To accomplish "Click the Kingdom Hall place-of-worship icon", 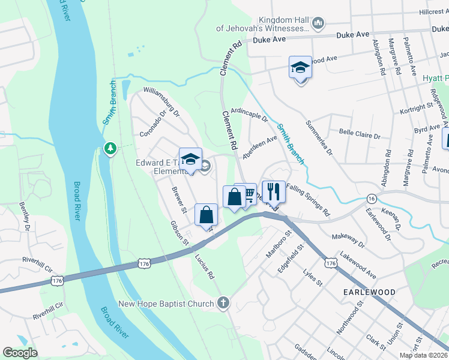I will (x=318, y=23).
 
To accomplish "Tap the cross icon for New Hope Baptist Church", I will (x=224, y=302).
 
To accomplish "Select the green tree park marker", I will (x=110, y=148).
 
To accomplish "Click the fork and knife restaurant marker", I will (x=273, y=192).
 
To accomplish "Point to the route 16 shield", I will (x=372, y=198).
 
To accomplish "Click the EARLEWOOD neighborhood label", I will (x=369, y=292).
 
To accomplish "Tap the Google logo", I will (x=20, y=352).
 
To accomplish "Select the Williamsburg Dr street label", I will (x=161, y=101).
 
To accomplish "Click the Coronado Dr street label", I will (x=152, y=123).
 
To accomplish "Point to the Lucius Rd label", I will (x=204, y=267).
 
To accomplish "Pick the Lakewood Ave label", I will (x=357, y=265).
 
